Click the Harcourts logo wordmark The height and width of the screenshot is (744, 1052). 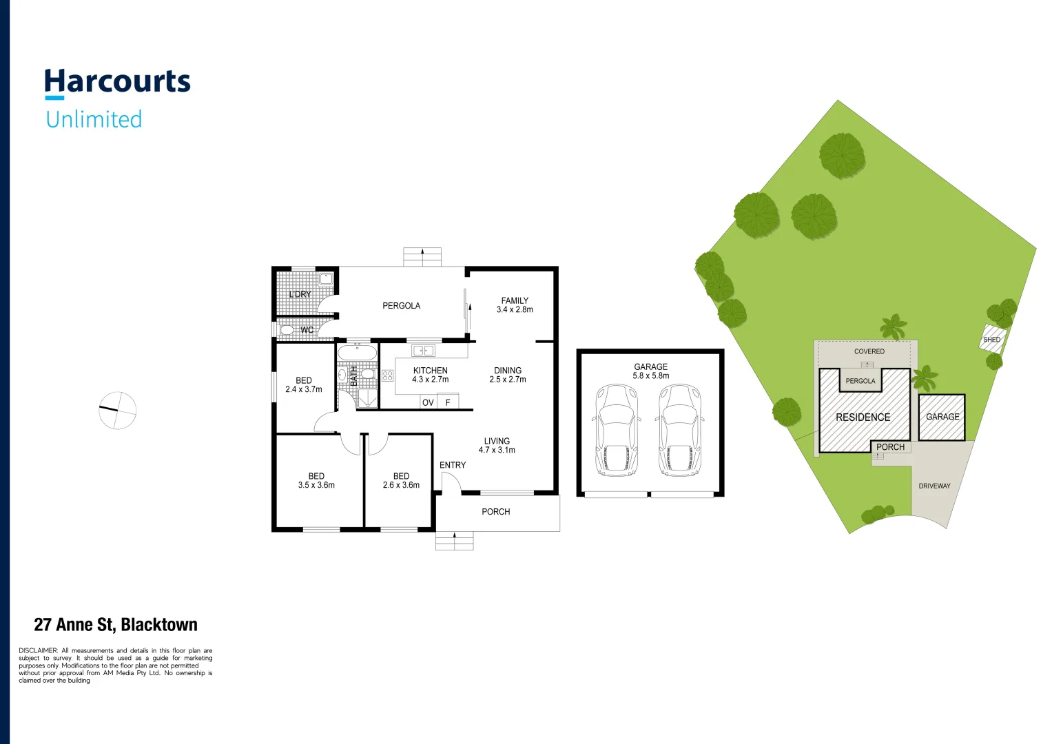coord(117,82)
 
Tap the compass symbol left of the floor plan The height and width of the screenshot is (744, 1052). coord(118,411)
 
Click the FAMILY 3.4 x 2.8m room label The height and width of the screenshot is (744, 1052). coord(515,305)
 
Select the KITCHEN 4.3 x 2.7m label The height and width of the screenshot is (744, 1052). coord(430,375)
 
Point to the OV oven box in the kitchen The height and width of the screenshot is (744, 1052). coord(428,402)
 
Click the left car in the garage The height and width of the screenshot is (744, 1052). coord(616,430)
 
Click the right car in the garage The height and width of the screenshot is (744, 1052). coord(679,430)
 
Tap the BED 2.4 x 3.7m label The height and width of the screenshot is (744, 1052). coord(304,384)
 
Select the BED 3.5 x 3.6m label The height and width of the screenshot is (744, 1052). coord(316,480)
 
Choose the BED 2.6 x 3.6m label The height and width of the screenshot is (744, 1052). coord(401,480)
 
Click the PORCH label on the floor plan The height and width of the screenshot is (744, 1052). coord(495,512)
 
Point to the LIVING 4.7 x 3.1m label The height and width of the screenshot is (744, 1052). coord(497,445)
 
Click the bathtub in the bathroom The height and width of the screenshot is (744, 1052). coord(357,353)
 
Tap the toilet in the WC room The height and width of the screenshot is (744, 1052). coord(286,330)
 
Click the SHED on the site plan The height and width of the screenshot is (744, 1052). coord(992,339)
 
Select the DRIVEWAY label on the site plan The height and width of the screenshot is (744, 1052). coord(934,486)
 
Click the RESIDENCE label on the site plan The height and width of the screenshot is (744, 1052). coord(863,417)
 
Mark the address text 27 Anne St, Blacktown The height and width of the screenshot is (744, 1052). coord(116,625)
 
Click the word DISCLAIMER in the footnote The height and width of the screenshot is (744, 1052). coord(38,650)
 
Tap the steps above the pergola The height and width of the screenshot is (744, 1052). coord(422,257)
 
